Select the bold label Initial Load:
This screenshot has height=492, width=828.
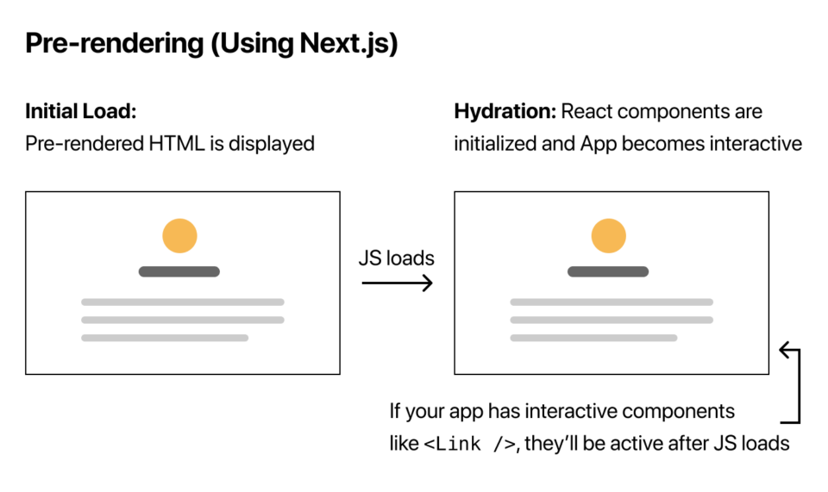click(81, 112)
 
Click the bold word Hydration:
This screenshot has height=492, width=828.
click(505, 112)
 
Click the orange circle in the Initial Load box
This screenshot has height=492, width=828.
click(179, 236)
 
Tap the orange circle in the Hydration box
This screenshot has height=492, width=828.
click(608, 236)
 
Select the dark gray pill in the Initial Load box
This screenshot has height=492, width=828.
click(179, 271)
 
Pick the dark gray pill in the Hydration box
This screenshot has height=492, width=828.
click(608, 271)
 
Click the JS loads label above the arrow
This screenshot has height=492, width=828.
click(397, 258)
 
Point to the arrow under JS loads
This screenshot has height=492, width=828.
click(397, 282)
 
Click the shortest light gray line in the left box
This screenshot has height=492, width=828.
click(165, 338)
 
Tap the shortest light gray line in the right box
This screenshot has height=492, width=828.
click(593, 338)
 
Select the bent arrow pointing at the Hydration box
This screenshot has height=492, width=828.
click(794, 384)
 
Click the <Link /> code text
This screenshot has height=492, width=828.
click(469, 445)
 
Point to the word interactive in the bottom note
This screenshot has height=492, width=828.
click(573, 412)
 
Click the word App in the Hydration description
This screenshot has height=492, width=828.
click(599, 143)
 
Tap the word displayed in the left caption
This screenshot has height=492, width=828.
click(273, 143)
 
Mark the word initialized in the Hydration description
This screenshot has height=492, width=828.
click(493, 143)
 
